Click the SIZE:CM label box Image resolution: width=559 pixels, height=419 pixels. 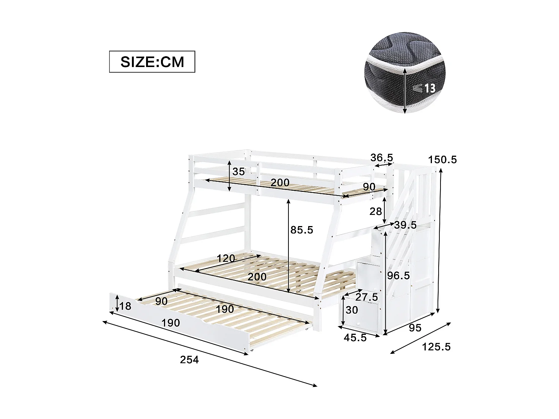(152, 61)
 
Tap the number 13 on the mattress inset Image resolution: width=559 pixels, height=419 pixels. (430, 88)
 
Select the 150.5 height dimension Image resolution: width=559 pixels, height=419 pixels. (442, 160)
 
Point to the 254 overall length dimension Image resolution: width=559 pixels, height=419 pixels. (189, 360)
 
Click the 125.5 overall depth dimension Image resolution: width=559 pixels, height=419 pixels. (436, 347)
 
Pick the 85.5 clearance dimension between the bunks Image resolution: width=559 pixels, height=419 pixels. (302, 230)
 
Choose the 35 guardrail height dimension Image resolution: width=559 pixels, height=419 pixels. (239, 172)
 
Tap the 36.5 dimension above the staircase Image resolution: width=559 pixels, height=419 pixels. (382, 158)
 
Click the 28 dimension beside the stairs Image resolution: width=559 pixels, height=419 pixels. (376, 212)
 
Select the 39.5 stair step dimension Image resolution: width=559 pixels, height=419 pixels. (405, 225)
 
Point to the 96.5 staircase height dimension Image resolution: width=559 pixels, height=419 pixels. (398, 276)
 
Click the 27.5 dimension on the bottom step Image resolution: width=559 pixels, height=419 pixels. (366, 297)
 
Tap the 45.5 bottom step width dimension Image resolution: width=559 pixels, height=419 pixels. (356, 338)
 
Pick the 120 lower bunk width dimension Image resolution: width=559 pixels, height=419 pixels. (226, 258)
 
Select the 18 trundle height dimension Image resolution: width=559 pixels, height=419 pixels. (126, 306)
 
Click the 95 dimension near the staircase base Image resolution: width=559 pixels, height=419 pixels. (415, 328)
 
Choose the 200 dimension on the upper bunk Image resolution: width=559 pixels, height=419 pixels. (280, 183)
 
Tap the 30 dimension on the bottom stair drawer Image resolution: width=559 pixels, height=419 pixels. (352, 310)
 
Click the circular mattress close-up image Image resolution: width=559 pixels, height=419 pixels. (405, 73)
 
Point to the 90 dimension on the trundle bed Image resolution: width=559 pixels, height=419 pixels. (161, 301)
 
